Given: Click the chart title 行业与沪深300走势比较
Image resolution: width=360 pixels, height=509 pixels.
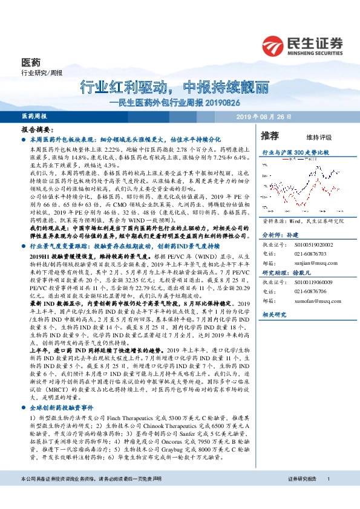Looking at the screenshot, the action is click(295, 154).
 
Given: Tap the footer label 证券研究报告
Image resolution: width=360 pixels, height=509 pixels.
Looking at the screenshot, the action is click(303, 496).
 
